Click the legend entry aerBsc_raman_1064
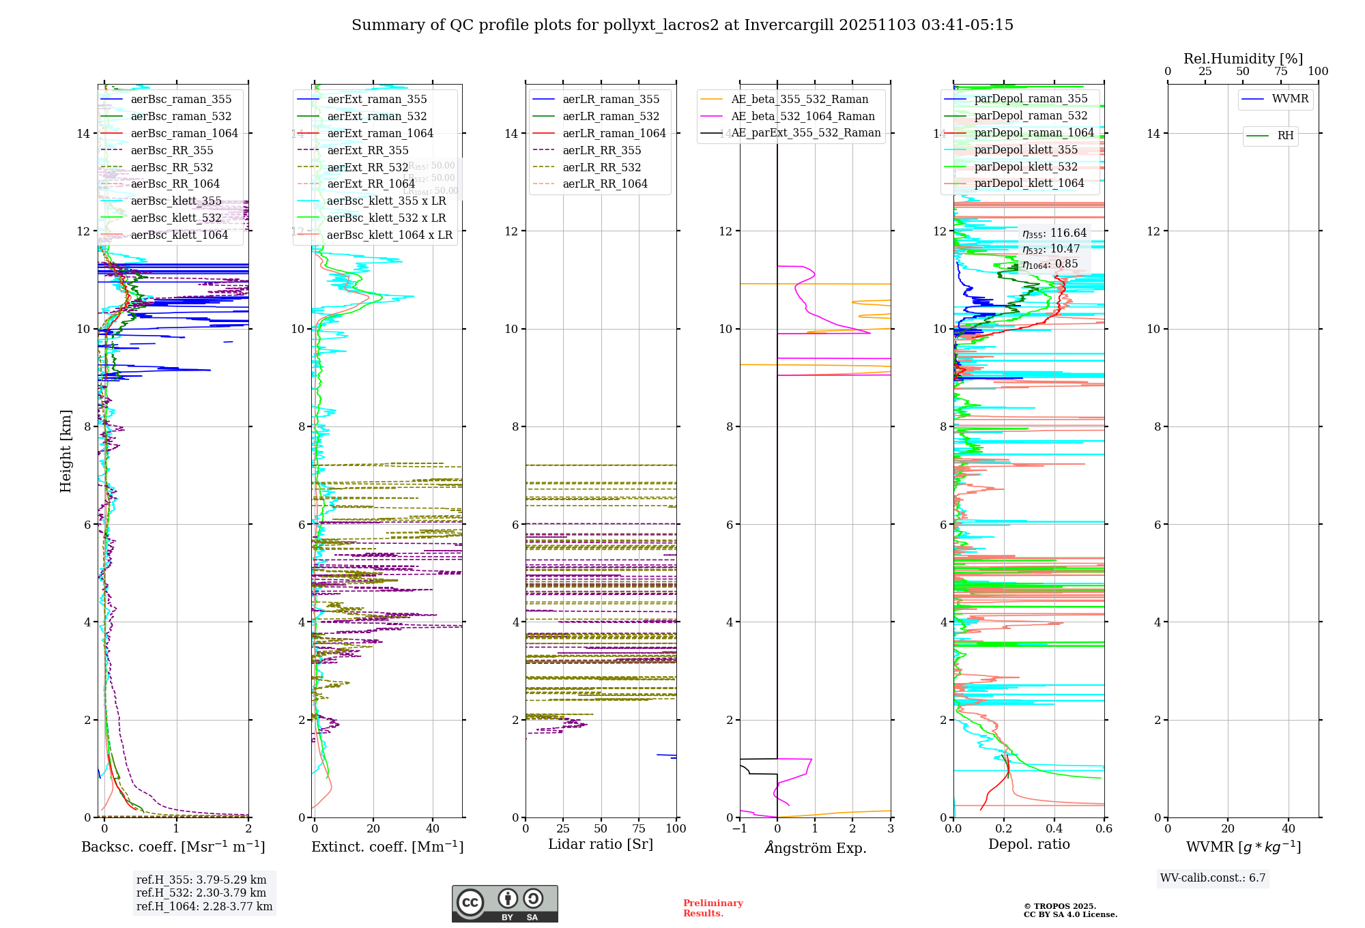[184, 133]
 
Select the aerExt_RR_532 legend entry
[368, 167]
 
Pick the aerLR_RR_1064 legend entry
[605, 184]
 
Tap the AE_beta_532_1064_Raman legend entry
[803, 116]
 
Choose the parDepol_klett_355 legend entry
[1026, 149]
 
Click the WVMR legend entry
[1290, 99]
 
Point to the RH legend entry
[1285, 136]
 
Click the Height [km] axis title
[66, 450]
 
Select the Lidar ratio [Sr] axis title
[601, 844]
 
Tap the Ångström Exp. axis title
[815, 847]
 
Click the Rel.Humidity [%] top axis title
[1243, 59]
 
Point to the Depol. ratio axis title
[1029, 844]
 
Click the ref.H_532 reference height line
[201, 893]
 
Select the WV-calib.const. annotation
[1213, 878]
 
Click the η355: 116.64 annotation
[1054, 233]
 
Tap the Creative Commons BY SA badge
[504, 903]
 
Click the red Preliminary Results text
[713, 908]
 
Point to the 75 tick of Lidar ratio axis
[639, 828]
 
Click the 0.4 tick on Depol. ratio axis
[1054, 828]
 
